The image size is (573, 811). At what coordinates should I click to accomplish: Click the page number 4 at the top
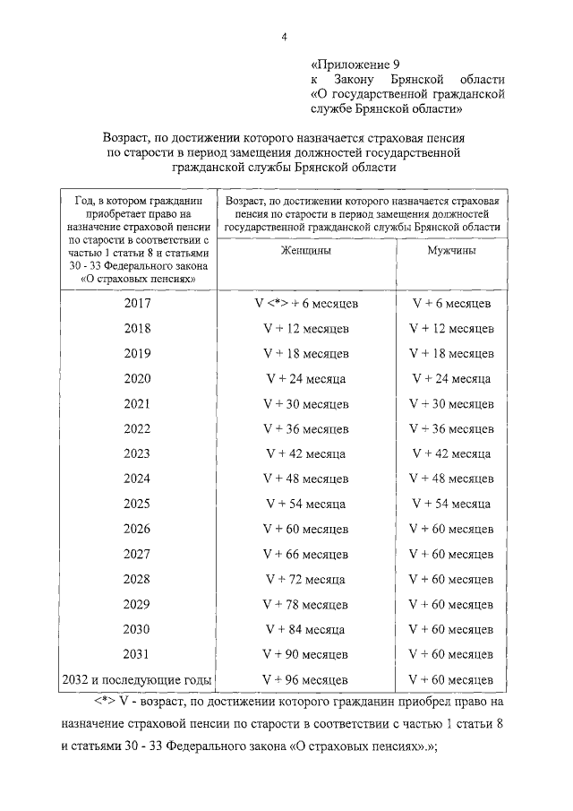pyautogui.click(x=284, y=37)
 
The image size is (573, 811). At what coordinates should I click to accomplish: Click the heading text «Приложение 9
pyautogui.click(x=355, y=65)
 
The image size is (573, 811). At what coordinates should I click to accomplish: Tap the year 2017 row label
pyautogui.click(x=138, y=303)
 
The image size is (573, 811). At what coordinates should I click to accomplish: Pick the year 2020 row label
pyautogui.click(x=138, y=378)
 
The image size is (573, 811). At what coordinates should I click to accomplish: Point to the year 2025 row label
pyautogui.click(x=138, y=504)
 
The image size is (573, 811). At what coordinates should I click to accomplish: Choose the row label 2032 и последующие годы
pyautogui.click(x=138, y=679)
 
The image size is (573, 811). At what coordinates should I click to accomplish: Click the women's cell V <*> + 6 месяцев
pyautogui.click(x=307, y=304)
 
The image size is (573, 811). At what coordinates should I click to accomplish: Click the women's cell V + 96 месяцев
pyautogui.click(x=307, y=680)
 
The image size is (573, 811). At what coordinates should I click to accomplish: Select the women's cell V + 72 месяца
pyautogui.click(x=307, y=580)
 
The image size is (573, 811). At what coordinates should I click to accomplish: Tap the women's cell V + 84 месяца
pyautogui.click(x=307, y=630)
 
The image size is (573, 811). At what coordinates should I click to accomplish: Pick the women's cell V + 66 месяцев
pyautogui.click(x=307, y=555)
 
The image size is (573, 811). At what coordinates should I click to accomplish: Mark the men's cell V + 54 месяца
pyautogui.click(x=450, y=505)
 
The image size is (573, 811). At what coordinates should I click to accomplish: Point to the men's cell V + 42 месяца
pyautogui.click(x=450, y=454)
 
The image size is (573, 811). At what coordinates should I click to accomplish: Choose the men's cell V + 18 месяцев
pyautogui.click(x=450, y=354)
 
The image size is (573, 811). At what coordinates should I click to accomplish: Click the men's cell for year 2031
pyautogui.click(x=450, y=655)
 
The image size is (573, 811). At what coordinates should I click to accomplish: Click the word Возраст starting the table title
pyautogui.click(x=128, y=139)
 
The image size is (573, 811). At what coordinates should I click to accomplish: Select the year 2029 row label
pyautogui.click(x=138, y=604)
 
